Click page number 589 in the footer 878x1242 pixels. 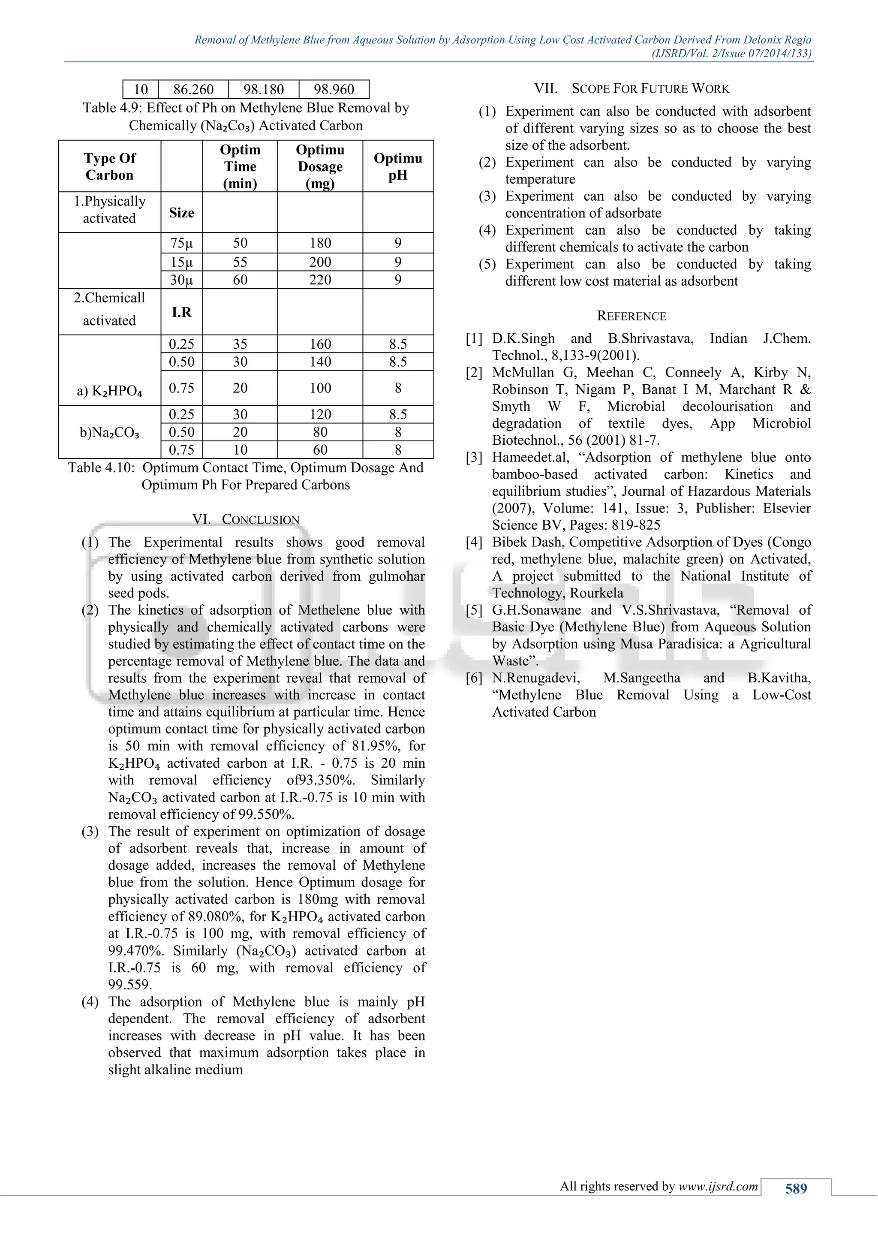click(x=796, y=1188)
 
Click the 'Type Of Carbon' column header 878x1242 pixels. click(x=109, y=166)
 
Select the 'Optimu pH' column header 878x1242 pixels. click(x=397, y=166)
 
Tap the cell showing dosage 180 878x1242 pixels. click(x=320, y=243)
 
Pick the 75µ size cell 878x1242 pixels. click(x=181, y=243)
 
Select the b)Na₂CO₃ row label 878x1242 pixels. click(x=109, y=432)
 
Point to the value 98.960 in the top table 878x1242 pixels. click(x=334, y=89)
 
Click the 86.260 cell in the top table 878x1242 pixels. click(x=193, y=89)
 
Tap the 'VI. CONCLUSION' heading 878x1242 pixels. click(x=246, y=519)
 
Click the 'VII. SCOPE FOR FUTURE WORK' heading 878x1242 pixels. click(x=631, y=88)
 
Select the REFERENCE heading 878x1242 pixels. click(x=631, y=316)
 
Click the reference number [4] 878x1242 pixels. click(x=474, y=542)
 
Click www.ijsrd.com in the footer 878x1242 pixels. click(x=718, y=1186)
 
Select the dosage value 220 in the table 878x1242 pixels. click(x=320, y=280)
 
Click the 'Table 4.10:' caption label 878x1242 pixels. click(x=101, y=467)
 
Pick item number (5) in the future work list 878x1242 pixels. click(x=487, y=264)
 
